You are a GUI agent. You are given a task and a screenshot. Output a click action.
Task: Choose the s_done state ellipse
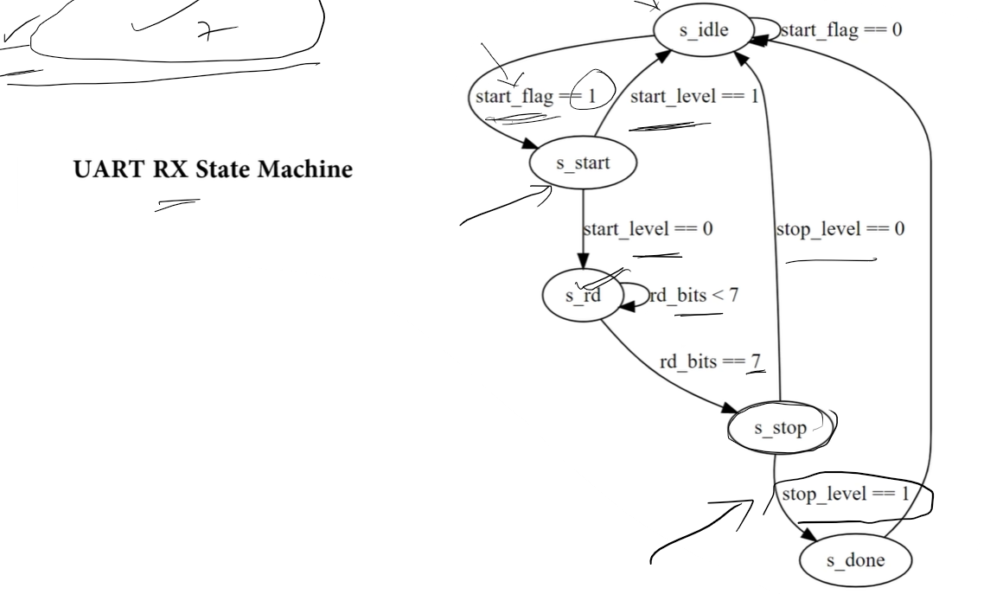(856, 560)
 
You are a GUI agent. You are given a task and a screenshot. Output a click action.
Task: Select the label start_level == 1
(693, 95)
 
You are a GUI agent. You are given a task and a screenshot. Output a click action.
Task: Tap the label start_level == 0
(648, 230)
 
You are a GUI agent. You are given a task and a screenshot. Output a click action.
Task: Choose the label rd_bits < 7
(694, 296)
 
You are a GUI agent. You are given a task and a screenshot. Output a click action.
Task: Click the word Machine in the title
(302, 169)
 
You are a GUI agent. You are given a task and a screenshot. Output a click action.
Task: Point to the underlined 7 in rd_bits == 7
(757, 361)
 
